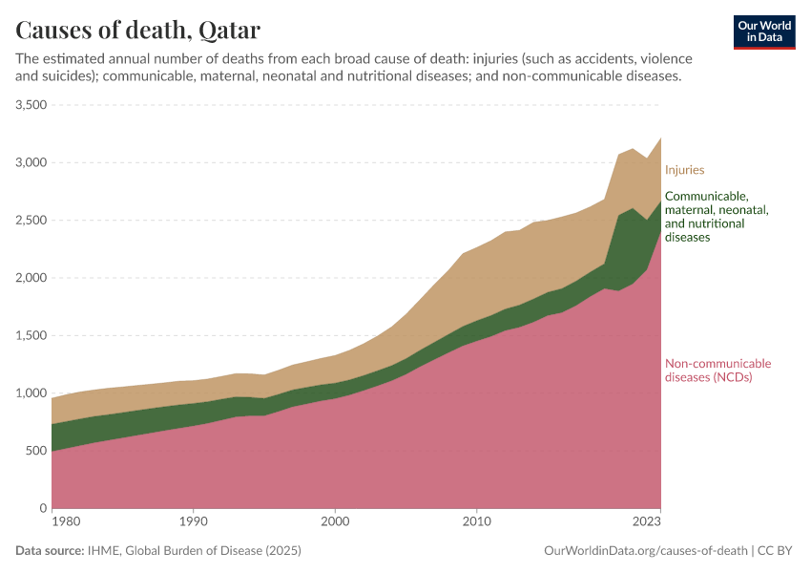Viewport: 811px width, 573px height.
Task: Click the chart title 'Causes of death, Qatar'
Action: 138,29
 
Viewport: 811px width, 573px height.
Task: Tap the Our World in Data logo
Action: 763,32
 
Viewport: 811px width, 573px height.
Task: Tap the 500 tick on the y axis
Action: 36,451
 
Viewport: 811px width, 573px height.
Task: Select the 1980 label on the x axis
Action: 65,522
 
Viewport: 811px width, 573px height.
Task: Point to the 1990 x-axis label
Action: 194,522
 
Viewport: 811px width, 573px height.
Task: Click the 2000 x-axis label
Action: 335,522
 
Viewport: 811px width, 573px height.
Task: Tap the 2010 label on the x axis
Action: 476,522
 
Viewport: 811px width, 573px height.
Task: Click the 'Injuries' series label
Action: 684,170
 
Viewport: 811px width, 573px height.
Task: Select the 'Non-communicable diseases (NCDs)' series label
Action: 717,370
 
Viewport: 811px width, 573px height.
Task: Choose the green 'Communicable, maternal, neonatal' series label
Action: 717,217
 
